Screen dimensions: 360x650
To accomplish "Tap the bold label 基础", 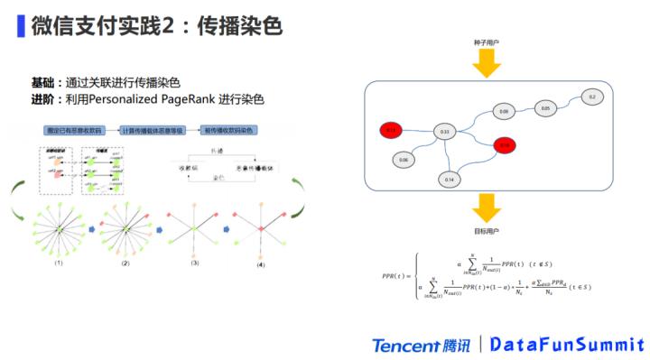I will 42,82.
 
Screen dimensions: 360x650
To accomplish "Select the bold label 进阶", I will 42,99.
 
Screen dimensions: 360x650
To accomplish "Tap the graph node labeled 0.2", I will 592,97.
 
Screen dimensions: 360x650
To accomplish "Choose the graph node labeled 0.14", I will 450,180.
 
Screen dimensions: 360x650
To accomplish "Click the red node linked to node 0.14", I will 505,144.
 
